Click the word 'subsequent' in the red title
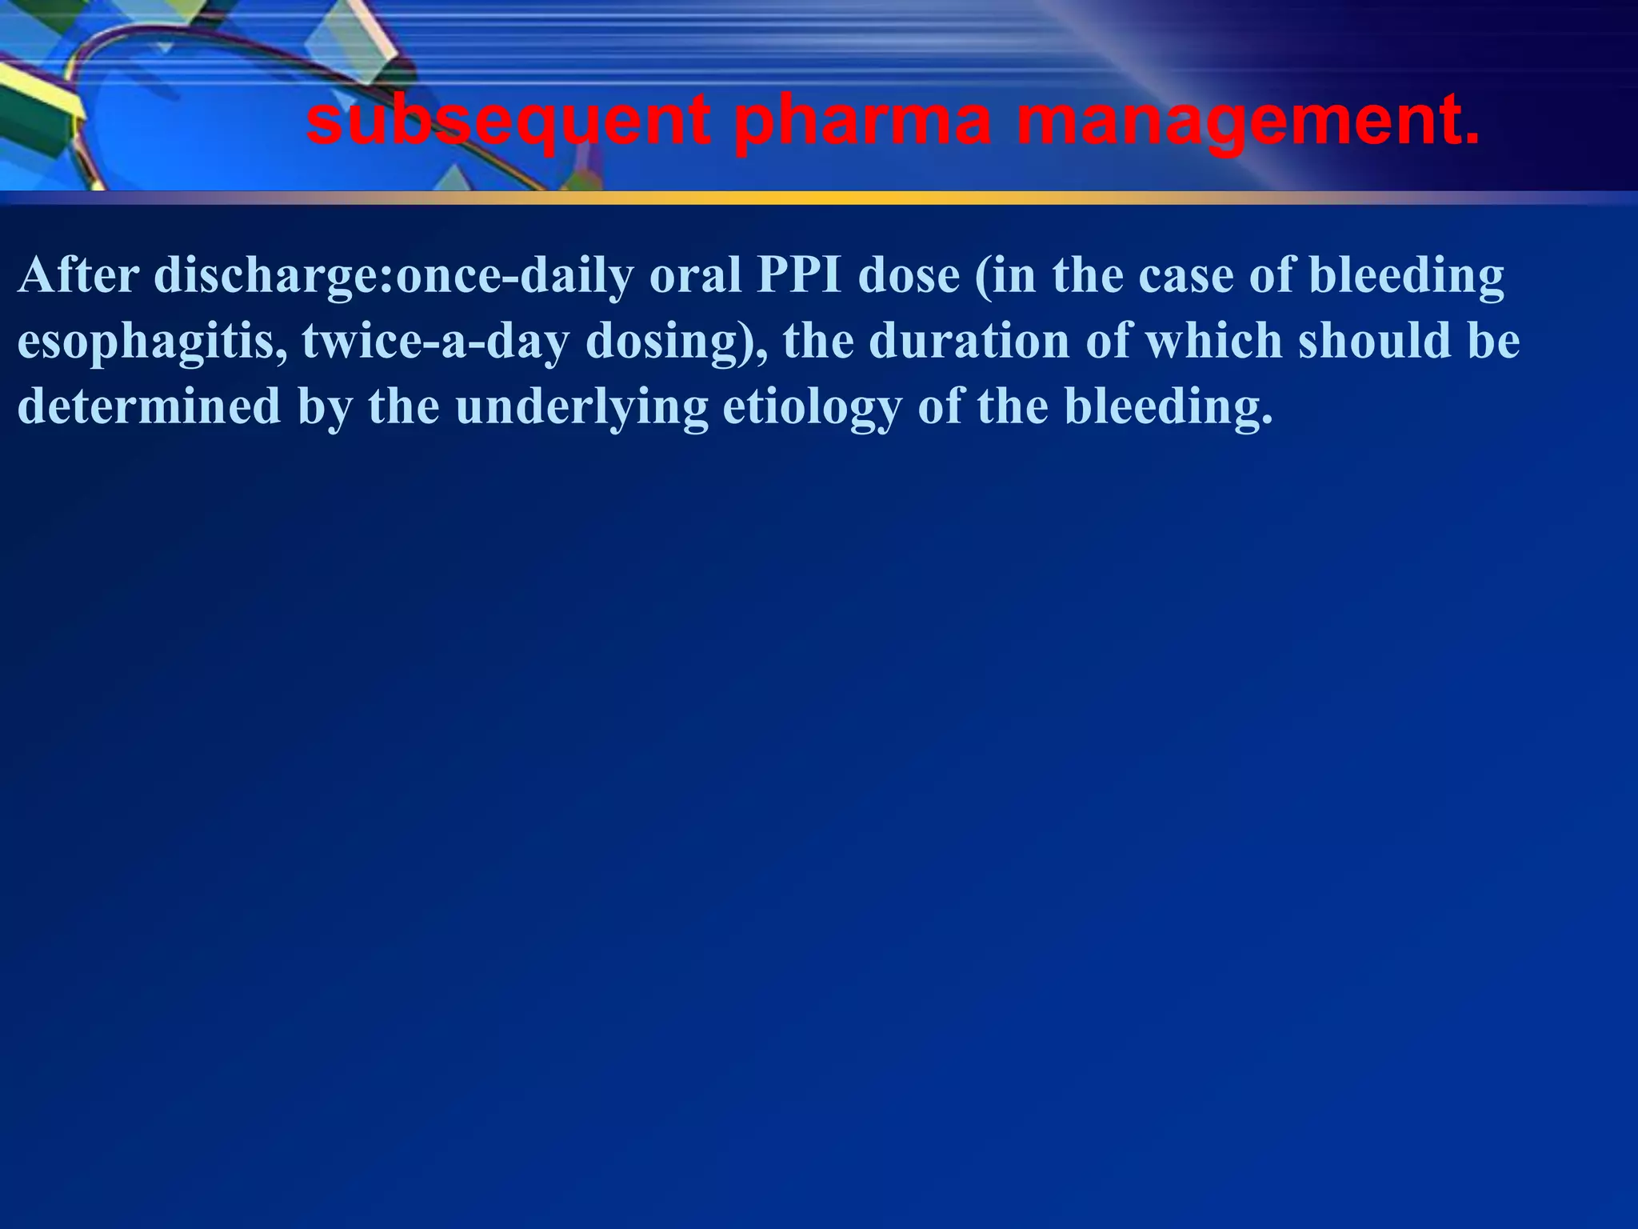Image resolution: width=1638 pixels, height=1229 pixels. [x=508, y=122]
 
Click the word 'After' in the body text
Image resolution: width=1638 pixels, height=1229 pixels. [x=78, y=275]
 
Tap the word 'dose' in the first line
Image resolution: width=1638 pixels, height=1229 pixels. [x=909, y=275]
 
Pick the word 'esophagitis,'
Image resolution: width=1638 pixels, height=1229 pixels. [x=152, y=342]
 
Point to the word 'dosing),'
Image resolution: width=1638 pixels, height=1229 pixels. [x=677, y=342]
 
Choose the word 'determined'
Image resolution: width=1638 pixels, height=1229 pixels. [x=150, y=406]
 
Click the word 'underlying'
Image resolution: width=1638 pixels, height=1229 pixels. [x=582, y=407]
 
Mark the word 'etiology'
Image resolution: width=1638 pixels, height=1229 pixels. [x=812, y=407]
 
